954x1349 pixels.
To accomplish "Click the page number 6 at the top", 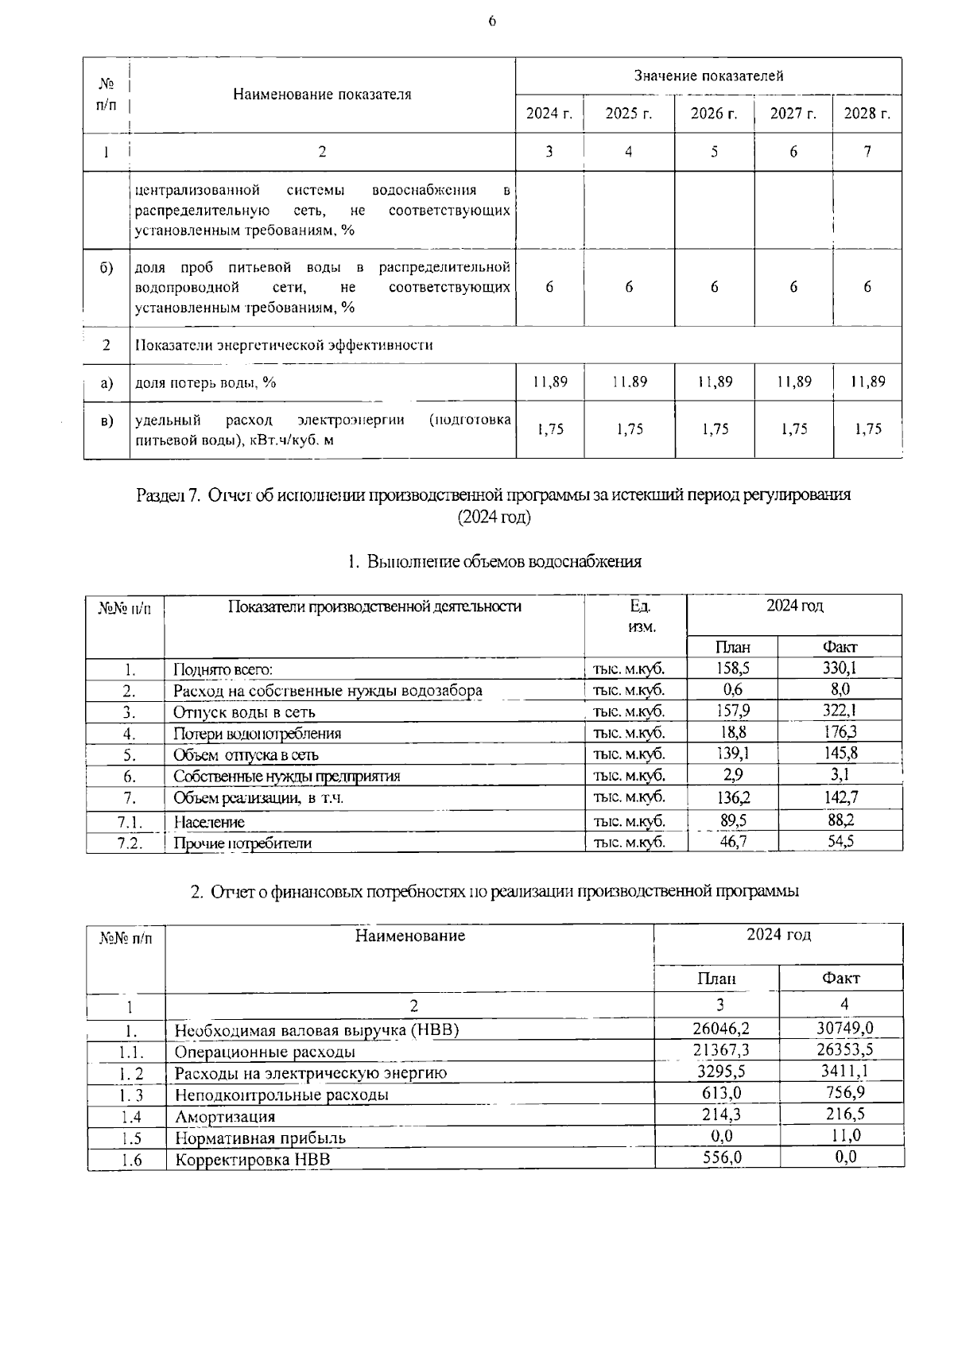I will [x=492, y=21].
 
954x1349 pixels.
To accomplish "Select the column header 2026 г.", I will [x=714, y=114].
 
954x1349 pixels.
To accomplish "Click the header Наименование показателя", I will [x=322, y=95].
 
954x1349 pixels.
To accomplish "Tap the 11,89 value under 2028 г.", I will [x=867, y=382].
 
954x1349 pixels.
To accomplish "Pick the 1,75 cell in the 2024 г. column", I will [x=549, y=429].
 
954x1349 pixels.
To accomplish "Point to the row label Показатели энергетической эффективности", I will [x=284, y=345].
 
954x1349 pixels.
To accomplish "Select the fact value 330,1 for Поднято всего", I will [x=840, y=669].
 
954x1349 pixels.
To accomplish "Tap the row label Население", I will [x=209, y=822].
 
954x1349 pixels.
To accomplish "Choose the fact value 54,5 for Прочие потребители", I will [x=840, y=841].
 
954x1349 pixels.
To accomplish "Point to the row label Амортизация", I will [x=225, y=1116].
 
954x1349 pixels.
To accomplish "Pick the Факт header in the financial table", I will [x=840, y=978].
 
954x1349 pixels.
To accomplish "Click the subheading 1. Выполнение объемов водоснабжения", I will [x=494, y=562].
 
